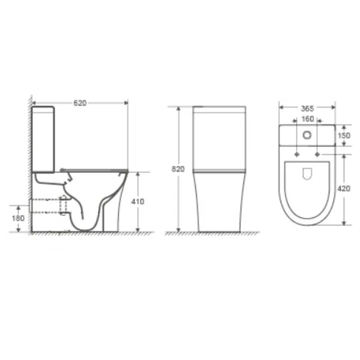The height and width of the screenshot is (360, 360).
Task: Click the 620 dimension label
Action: [80, 103]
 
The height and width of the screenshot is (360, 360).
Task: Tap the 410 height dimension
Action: [138, 202]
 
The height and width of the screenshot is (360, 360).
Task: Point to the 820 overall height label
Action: [179, 169]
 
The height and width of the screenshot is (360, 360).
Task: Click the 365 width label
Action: [307, 108]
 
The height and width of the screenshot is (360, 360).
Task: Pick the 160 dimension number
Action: [307, 120]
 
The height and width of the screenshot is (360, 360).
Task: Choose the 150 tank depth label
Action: [343, 136]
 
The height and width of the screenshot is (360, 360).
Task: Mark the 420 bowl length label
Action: [343, 189]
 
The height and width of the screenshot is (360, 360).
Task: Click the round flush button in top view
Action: [307, 135]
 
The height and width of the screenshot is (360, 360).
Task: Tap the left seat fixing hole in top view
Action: [297, 154]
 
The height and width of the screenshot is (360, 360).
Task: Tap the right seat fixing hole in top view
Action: [318, 154]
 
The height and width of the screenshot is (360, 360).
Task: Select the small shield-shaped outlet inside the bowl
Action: [307, 173]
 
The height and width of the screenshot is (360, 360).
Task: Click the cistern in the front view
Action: [219, 137]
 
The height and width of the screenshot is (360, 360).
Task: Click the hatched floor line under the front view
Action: [211, 233]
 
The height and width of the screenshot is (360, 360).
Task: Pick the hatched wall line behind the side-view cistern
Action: [30, 135]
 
